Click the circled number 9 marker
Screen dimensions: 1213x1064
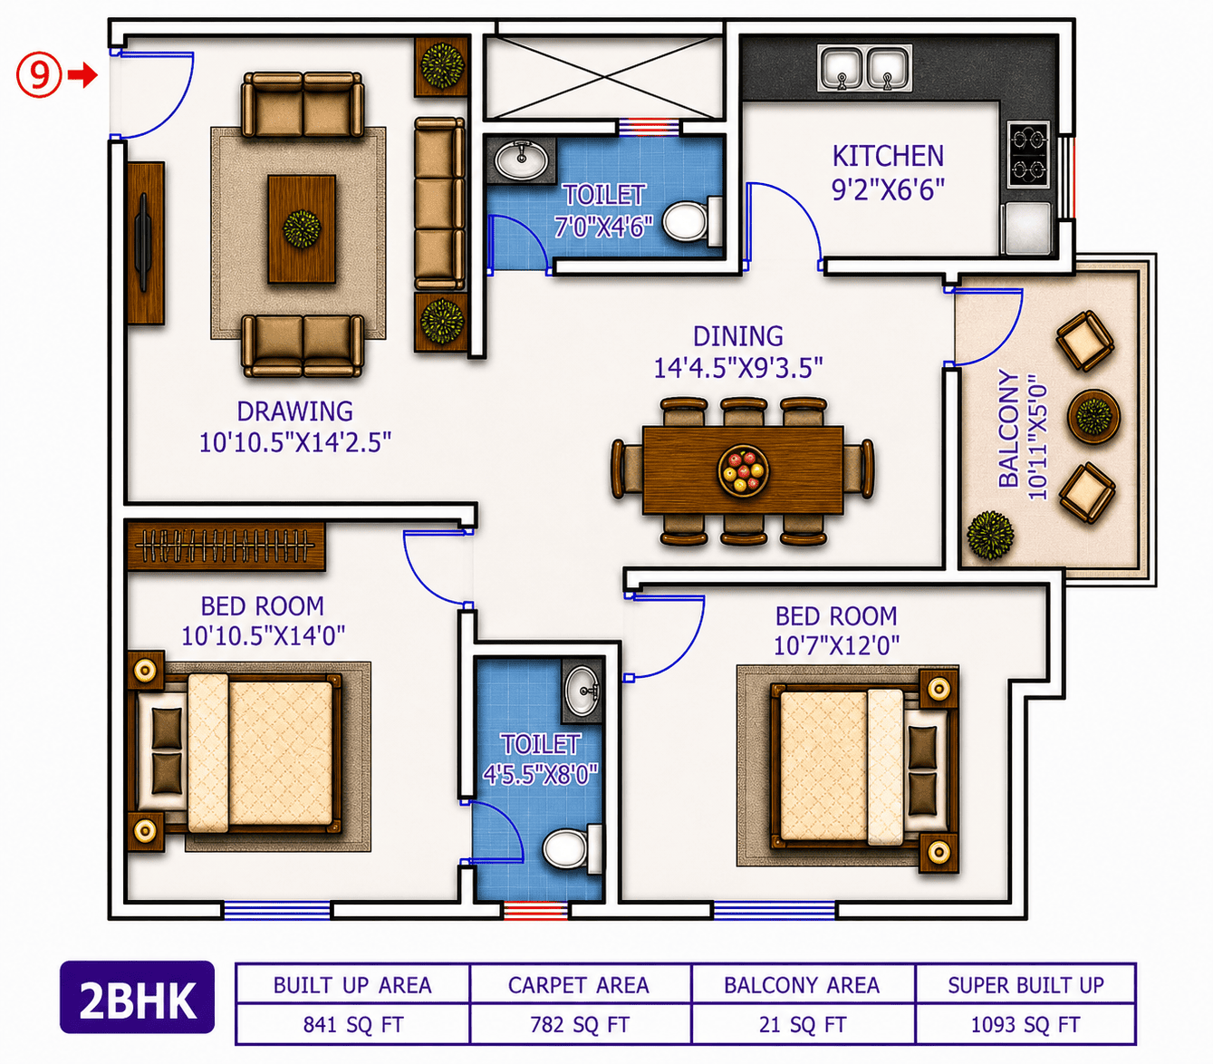pyautogui.click(x=38, y=75)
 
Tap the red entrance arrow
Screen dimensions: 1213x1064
pyautogui.click(x=82, y=75)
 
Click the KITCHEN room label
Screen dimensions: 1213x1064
pyautogui.click(x=888, y=157)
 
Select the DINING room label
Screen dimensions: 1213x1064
pyautogui.click(x=737, y=336)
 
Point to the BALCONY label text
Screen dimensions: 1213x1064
pyautogui.click(x=1009, y=429)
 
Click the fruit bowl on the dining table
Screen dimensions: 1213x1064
pyautogui.click(x=743, y=470)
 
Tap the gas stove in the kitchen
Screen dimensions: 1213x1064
pyautogui.click(x=1028, y=154)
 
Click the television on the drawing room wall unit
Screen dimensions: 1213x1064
pyautogui.click(x=142, y=243)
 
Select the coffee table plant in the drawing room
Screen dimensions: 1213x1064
pyautogui.click(x=302, y=228)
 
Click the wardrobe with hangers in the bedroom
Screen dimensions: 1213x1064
pyautogui.click(x=226, y=546)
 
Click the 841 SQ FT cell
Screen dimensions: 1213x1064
pyautogui.click(x=353, y=1025)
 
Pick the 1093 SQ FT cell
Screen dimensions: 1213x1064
pyautogui.click(x=1025, y=1025)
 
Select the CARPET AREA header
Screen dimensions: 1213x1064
pyautogui.click(x=578, y=985)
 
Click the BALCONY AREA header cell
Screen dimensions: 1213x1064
pyautogui.click(x=803, y=984)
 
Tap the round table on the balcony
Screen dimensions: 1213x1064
pyautogui.click(x=1093, y=416)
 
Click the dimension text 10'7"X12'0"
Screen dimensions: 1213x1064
pyautogui.click(x=836, y=646)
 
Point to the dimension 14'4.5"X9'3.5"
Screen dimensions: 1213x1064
pyautogui.click(x=737, y=367)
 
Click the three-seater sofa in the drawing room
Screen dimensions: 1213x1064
pyautogui.click(x=439, y=204)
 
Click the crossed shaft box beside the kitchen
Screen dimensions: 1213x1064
pyautogui.click(x=604, y=78)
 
